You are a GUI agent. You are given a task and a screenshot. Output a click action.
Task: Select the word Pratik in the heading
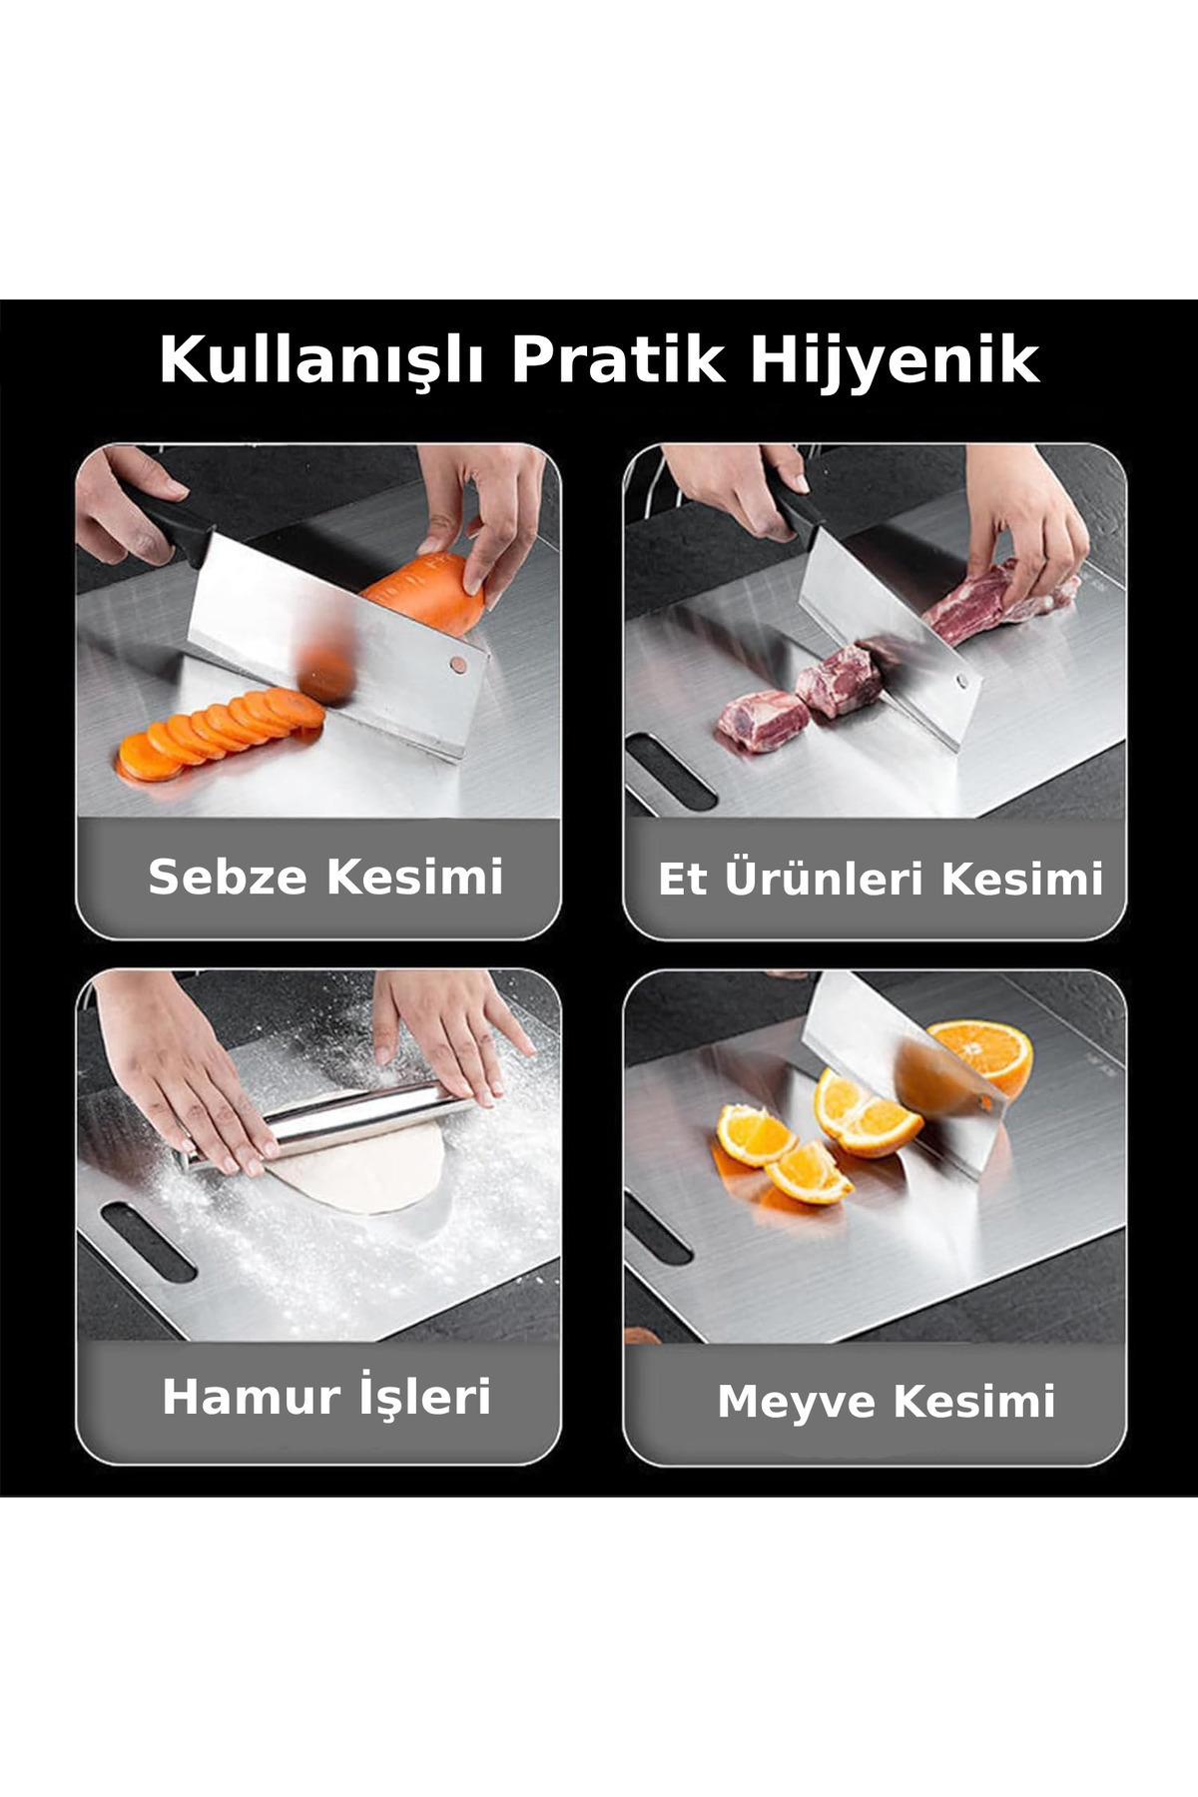point(617,359)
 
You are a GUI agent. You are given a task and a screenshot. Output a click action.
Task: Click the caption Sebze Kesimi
point(325,877)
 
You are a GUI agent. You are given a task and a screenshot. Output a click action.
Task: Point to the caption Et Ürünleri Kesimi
point(880,879)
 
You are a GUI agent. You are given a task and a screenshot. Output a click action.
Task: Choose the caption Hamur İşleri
point(326,1395)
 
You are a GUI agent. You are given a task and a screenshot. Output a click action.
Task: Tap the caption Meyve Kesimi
point(887,1401)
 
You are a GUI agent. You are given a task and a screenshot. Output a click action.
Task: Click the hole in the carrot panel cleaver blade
point(457,662)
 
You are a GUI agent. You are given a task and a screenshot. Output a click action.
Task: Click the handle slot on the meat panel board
point(671,771)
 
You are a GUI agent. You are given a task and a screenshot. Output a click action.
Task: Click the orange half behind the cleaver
point(983,1056)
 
